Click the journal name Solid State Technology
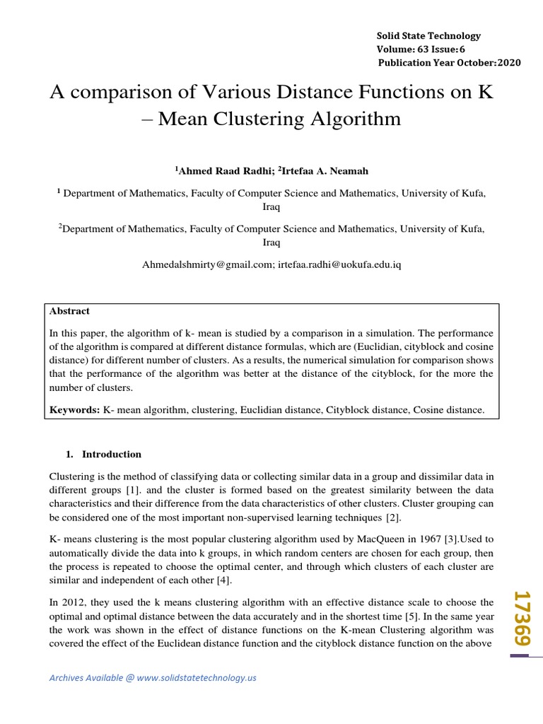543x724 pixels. click(428, 35)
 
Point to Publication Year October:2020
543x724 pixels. click(450, 62)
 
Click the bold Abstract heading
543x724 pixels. click(69, 311)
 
